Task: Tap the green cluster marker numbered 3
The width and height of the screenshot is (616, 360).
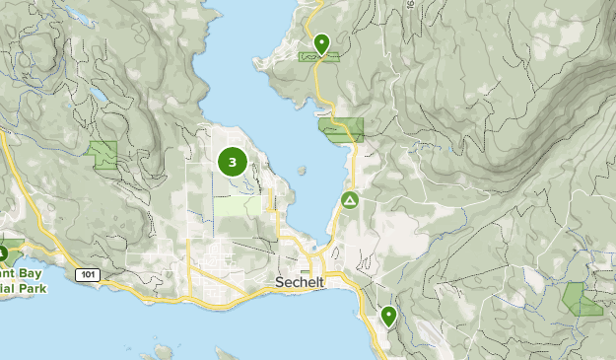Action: pos(232,162)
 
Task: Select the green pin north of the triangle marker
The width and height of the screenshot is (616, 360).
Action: pos(321,43)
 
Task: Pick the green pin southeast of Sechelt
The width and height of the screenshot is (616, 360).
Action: pos(389,316)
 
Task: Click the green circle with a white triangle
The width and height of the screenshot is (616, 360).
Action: pos(349,201)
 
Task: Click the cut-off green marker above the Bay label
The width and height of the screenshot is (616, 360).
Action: pos(3,251)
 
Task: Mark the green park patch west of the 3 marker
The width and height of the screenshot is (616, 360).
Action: pos(103,153)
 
